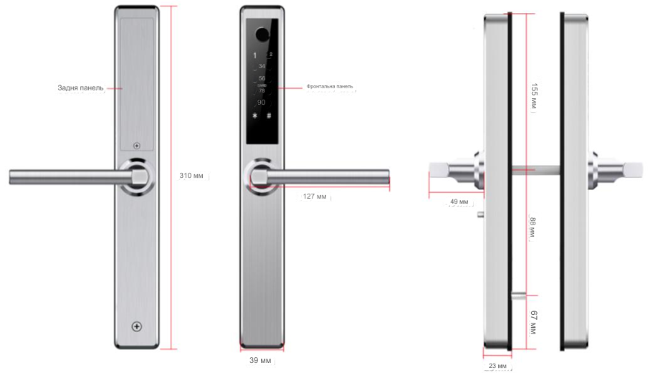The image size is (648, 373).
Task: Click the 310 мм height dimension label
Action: coord(191,176)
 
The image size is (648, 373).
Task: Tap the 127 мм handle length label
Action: coord(315,197)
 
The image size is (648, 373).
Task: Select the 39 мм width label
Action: coord(260,361)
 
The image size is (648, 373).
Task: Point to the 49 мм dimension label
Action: coord(459,202)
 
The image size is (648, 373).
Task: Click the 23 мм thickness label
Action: coord(497,366)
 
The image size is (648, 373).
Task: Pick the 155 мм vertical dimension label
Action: coord(534,96)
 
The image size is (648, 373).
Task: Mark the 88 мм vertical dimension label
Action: coord(533,227)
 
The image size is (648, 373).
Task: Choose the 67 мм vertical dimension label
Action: coord(533,323)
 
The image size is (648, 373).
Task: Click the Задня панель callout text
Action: coord(80,88)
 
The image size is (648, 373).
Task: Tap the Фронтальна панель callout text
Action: coord(330,86)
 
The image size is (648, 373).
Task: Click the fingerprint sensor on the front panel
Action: coord(262,34)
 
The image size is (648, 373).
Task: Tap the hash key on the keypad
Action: coord(269,115)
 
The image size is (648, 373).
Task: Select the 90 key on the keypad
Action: coord(261,103)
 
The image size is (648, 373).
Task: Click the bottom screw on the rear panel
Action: coord(137,326)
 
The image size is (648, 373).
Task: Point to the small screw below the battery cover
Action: coord(137,146)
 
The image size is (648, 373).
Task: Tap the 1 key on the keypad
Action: coord(255,55)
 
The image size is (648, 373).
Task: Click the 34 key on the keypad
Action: coord(262,66)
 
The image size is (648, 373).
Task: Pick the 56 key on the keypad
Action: coord(262,78)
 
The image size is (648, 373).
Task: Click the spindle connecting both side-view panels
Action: coord(536,169)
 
